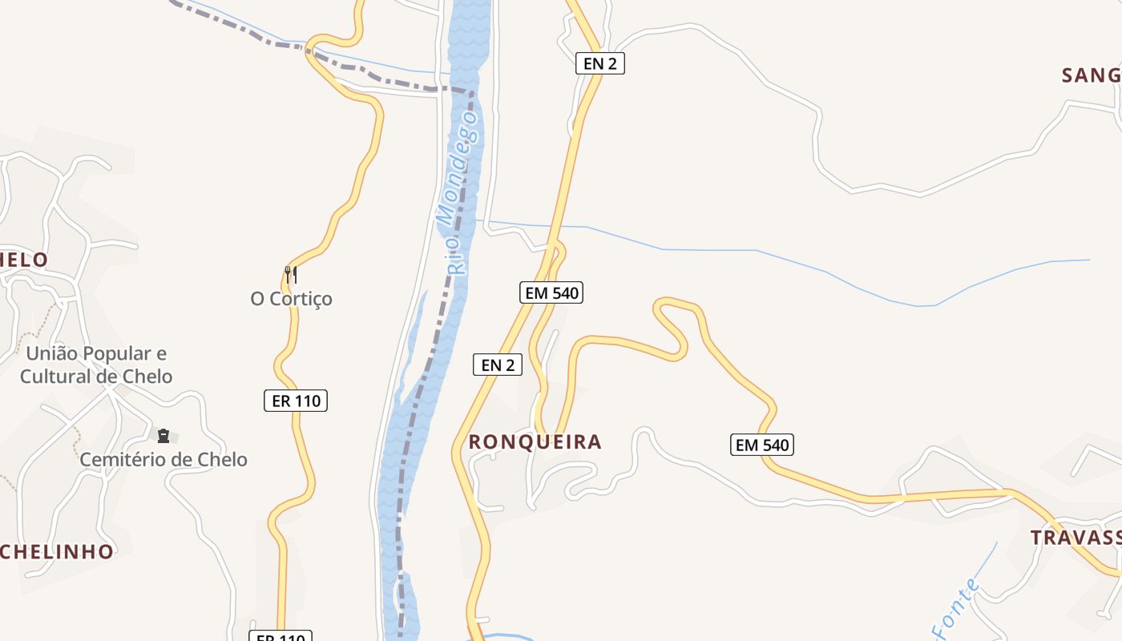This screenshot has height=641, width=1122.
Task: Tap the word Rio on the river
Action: [x=456, y=256]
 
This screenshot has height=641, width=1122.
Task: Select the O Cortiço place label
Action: [x=292, y=299]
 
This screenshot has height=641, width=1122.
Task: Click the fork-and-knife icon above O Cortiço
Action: [x=291, y=275]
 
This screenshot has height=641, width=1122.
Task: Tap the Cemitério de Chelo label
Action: [x=163, y=460]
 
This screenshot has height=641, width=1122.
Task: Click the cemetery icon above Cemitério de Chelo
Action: [x=163, y=436]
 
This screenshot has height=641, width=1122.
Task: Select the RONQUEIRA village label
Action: [x=535, y=442]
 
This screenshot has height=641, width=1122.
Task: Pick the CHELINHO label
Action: [x=56, y=551]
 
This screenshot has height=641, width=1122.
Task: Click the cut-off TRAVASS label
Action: [x=1076, y=538]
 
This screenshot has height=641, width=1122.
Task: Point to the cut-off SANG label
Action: [x=1091, y=75]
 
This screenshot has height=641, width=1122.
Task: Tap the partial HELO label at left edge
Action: [x=24, y=260]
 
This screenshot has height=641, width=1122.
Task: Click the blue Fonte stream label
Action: [x=956, y=611]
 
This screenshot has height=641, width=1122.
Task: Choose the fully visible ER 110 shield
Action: [x=296, y=401]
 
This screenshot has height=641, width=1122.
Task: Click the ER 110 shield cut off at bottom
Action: [x=280, y=636]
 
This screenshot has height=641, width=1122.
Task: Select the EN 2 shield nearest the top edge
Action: [x=599, y=63]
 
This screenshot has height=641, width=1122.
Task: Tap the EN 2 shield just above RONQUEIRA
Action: [x=498, y=365]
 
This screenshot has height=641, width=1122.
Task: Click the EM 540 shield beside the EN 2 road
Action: [x=551, y=293]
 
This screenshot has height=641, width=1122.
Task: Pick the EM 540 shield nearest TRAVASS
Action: [x=762, y=445]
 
